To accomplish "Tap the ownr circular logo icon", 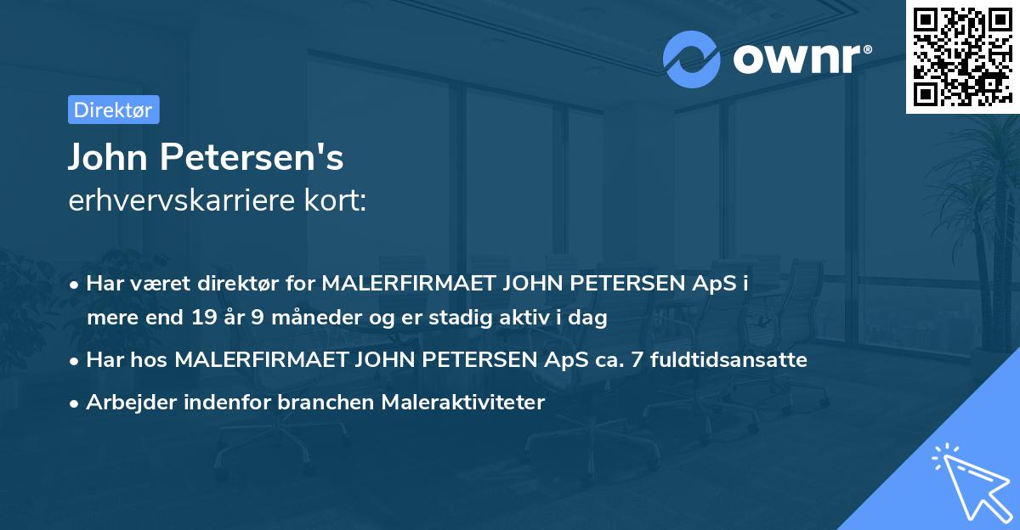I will (x=692, y=59).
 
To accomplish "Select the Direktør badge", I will (x=113, y=110).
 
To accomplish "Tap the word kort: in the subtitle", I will (x=336, y=201).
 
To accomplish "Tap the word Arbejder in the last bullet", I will (x=125, y=403).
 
